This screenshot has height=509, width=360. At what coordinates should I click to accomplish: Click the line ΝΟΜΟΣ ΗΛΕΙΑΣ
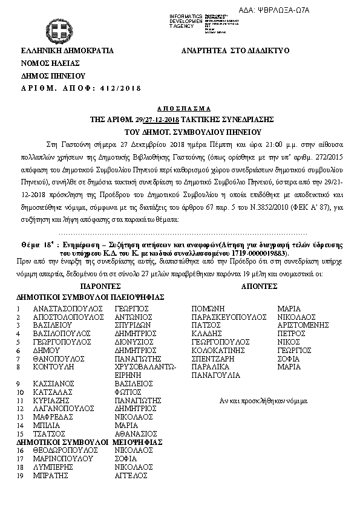coord(47,63)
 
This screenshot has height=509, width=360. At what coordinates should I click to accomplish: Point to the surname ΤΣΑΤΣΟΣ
coord(51,433)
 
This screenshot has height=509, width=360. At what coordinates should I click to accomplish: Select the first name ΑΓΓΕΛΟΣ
coord(131,476)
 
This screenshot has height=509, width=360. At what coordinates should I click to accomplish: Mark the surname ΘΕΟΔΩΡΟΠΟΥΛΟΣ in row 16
coord(65,450)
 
